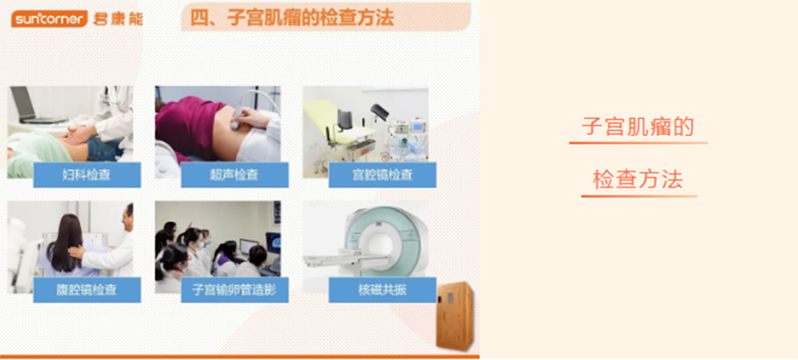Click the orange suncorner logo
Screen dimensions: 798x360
pyautogui.click(x=49, y=19)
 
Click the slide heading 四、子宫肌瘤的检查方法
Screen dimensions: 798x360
pyautogui.click(x=292, y=18)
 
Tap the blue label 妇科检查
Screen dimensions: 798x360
pyautogui.click(x=87, y=175)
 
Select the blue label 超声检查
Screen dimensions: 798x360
pyautogui.click(x=234, y=175)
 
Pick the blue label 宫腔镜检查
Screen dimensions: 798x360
pyautogui.click(x=382, y=175)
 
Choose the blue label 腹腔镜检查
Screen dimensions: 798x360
pyautogui.click(x=87, y=290)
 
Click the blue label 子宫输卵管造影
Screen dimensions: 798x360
pyautogui.click(x=234, y=290)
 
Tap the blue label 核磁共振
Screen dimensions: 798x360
pyautogui.click(x=382, y=290)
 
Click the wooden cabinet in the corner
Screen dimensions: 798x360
pyautogui.click(x=455, y=316)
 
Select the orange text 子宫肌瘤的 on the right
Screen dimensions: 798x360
pyautogui.click(x=638, y=127)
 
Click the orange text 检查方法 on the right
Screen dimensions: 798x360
pyautogui.click(x=638, y=180)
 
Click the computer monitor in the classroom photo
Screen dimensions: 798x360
pyautogui.click(x=248, y=246)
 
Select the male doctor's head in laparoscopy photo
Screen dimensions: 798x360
pyautogui.click(x=128, y=216)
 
